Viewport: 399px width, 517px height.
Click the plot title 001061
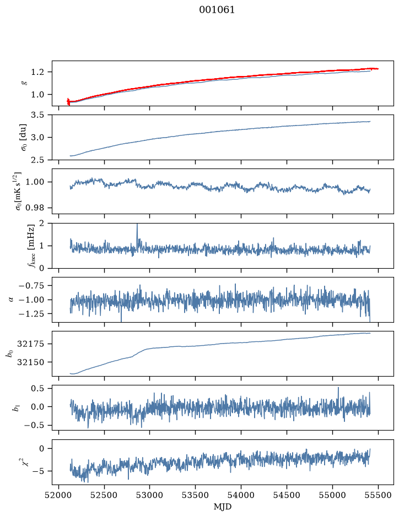(x=217, y=10)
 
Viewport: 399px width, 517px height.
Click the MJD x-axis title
(x=223, y=507)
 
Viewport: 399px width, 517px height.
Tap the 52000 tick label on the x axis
(x=59, y=496)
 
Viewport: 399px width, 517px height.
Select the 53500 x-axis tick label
(x=196, y=496)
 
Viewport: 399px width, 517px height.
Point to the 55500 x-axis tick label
(x=378, y=496)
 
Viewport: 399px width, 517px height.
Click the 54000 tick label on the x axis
(x=241, y=496)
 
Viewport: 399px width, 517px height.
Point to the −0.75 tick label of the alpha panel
(x=33, y=286)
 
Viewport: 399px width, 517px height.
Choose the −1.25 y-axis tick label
(x=33, y=314)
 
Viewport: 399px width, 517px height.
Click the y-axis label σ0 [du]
(x=23, y=137)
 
